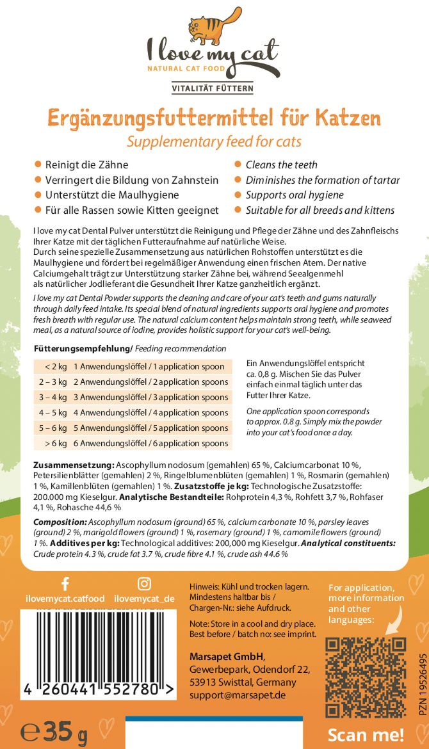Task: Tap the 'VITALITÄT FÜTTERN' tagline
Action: (214, 88)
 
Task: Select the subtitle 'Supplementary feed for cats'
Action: (214, 141)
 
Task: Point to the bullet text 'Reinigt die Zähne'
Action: (86, 165)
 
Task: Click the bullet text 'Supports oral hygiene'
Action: (295, 195)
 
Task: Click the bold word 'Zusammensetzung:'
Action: (74, 463)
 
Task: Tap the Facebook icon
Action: (65, 583)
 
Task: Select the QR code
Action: (366, 677)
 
